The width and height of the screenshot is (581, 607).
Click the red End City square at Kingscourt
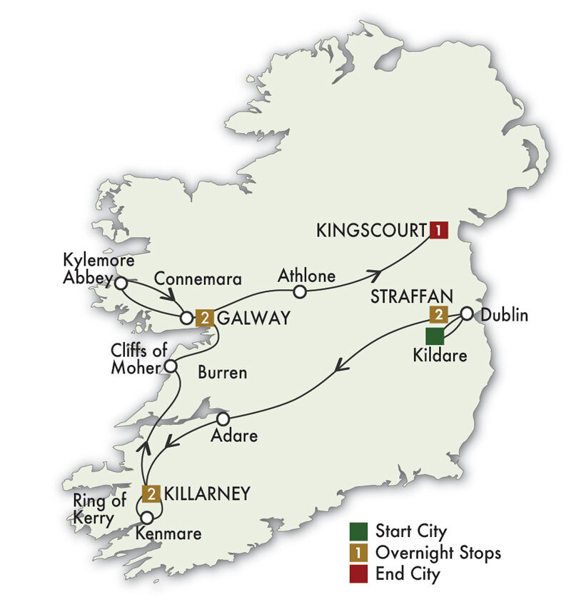pos(438,230)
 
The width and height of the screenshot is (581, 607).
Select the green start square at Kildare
pos(434,336)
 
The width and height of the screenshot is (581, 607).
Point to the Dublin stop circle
pos(466,313)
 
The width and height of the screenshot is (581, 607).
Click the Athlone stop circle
pos(300,291)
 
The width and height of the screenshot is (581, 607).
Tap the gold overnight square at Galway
pos(206,318)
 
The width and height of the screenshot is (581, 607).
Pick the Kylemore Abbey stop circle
pos(121,284)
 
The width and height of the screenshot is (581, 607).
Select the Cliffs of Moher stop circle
pos(171,367)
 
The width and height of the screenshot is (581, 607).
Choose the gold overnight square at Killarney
pos(151,493)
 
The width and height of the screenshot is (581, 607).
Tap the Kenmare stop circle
pos(147,517)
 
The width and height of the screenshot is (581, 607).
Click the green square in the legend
pos(358,531)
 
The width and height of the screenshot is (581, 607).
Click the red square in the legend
pos(358,573)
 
